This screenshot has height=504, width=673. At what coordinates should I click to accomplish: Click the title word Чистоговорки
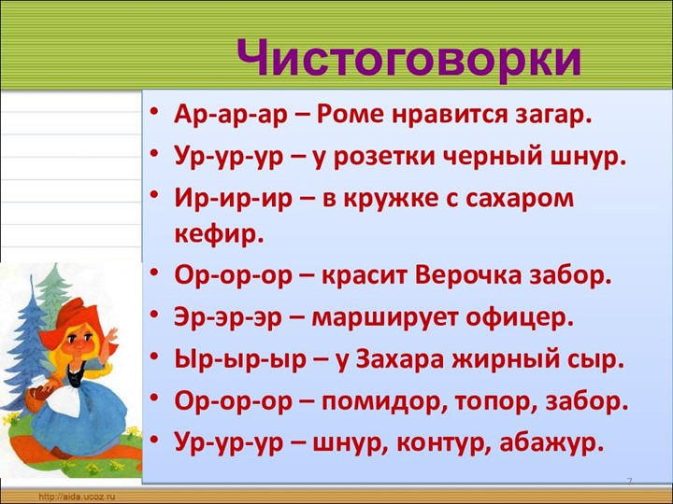tap(409, 58)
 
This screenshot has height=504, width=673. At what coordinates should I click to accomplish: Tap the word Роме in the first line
tap(351, 116)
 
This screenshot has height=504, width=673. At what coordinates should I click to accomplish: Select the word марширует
tap(388, 317)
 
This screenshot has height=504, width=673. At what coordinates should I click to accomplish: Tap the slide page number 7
tap(629, 482)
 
